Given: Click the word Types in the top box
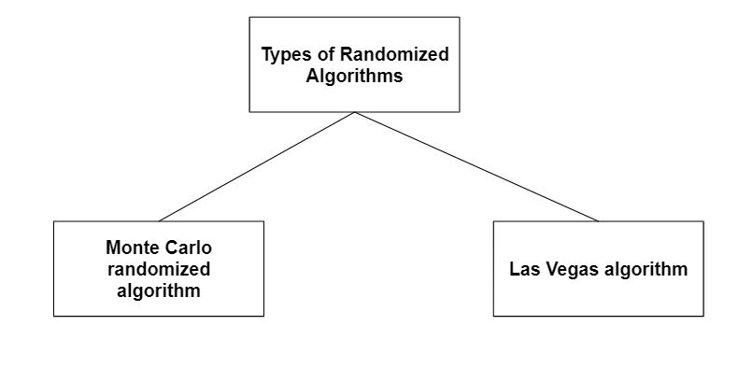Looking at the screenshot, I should tap(284, 55).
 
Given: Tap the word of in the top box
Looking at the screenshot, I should tap(322, 55).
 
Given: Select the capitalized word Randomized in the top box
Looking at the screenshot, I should tap(393, 55).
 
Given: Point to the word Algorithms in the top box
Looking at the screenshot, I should tap(354, 77).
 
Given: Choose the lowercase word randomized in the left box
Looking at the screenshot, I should tap(159, 269).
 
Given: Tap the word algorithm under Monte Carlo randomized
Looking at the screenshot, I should tap(159, 290).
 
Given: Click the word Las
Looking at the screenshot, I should tap(523, 270).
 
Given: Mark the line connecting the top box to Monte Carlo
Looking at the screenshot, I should tap(257, 166).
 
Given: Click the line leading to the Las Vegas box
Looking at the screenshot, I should tap(476, 166).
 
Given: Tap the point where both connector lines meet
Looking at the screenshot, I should tap(354, 112).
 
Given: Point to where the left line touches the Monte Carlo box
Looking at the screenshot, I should tap(159, 220).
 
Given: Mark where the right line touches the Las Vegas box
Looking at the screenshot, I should tap(598, 220).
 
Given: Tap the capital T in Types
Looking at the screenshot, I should tap(266, 55).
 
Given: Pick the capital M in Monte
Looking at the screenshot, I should tap(112, 248).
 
